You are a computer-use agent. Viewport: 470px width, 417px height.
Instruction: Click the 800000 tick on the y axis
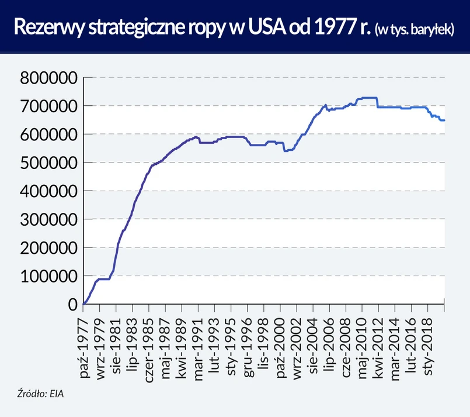click(48, 78)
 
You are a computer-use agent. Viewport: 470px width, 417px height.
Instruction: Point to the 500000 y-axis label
click(48, 163)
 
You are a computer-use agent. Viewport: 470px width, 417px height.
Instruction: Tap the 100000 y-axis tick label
click(48, 276)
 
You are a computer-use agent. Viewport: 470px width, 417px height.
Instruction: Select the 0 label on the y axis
click(73, 304)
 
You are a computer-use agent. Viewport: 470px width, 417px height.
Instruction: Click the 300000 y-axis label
click(48, 219)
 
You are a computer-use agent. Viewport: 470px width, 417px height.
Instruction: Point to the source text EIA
click(56, 394)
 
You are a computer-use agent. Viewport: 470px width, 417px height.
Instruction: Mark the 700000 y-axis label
click(48, 106)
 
